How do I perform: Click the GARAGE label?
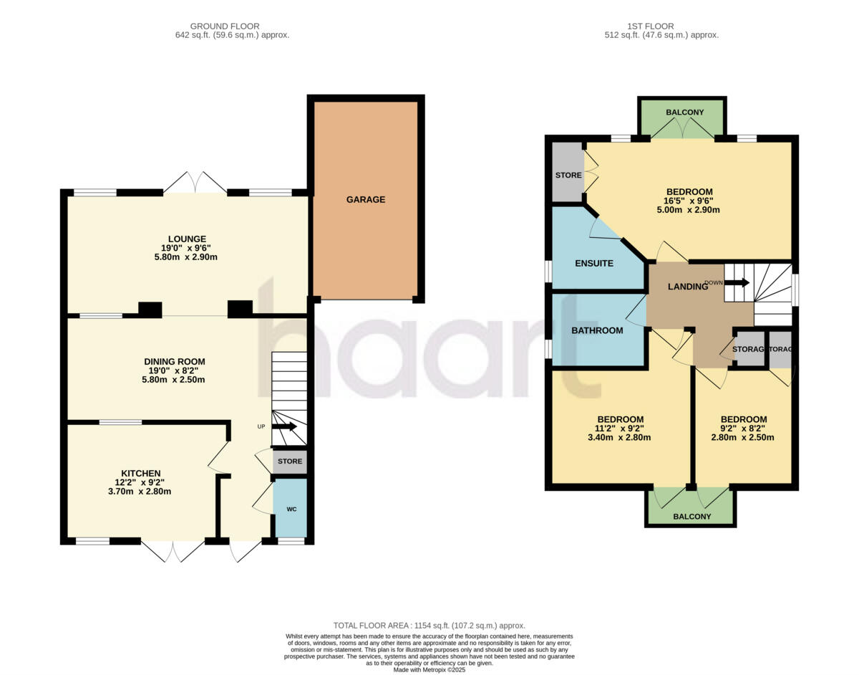click(366, 200)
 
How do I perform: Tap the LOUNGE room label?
click(188, 239)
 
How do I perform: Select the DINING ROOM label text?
click(175, 362)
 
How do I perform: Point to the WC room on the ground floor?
click(291, 509)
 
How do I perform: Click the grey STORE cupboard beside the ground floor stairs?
click(290, 461)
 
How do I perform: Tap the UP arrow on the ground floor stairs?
click(283, 427)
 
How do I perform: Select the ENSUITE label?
click(594, 264)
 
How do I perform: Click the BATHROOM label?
click(597, 331)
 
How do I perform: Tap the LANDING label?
click(687, 287)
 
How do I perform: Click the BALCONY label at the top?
click(684, 112)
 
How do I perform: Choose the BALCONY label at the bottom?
click(692, 517)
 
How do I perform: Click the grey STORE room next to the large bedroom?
click(568, 176)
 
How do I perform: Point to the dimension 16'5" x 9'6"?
click(689, 201)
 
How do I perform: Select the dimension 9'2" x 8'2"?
click(744, 429)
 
